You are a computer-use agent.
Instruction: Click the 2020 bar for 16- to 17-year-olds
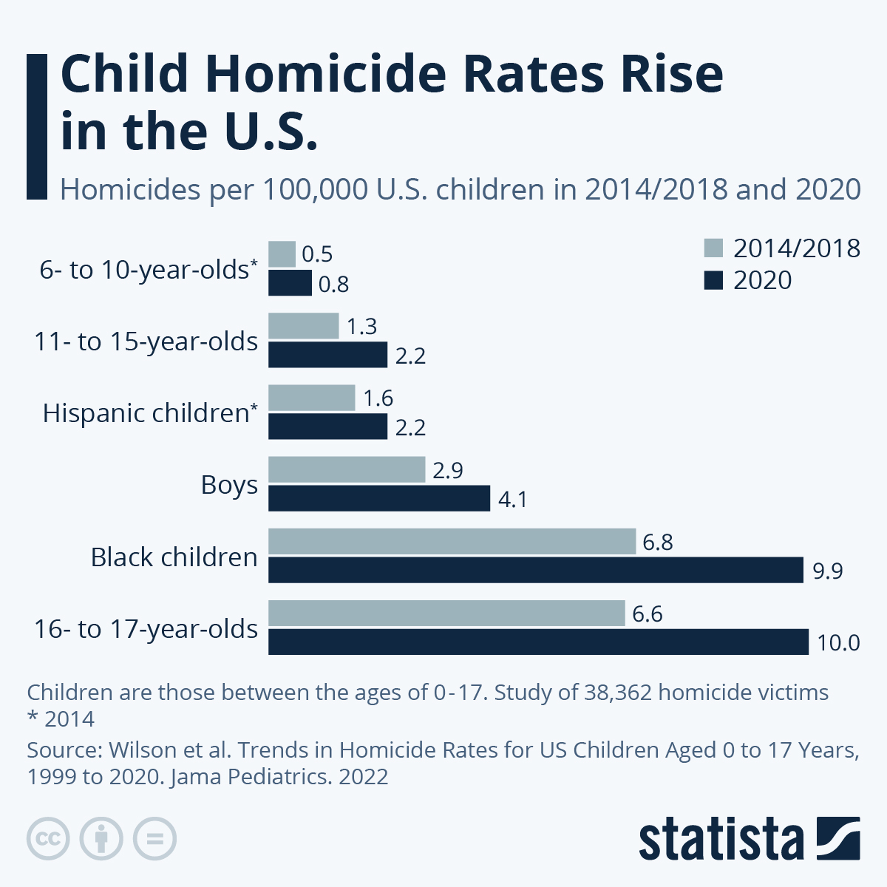click(538, 642)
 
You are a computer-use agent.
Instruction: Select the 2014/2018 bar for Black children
click(452, 541)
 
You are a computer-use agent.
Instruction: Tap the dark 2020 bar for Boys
click(378, 498)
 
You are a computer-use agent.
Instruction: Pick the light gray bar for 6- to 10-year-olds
click(282, 254)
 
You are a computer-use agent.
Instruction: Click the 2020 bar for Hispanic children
click(327, 426)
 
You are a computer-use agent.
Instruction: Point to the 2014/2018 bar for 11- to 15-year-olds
click(303, 326)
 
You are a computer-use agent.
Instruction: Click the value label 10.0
click(838, 643)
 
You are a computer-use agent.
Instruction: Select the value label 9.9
click(827, 571)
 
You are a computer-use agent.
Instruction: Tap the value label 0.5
click(317, 255)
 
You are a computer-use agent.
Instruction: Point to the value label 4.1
click(512, 500)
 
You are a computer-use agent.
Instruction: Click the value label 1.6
click(378, 399)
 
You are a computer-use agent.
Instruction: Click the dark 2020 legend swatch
click(713, 280)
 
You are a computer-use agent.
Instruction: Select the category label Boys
click(229, 486)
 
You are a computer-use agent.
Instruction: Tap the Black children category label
click(174, 557)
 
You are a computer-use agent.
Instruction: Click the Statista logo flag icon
click(837, 838)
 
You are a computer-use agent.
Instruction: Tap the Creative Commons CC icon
click(48, 839)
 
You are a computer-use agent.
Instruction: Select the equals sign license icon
click(154, 839)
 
